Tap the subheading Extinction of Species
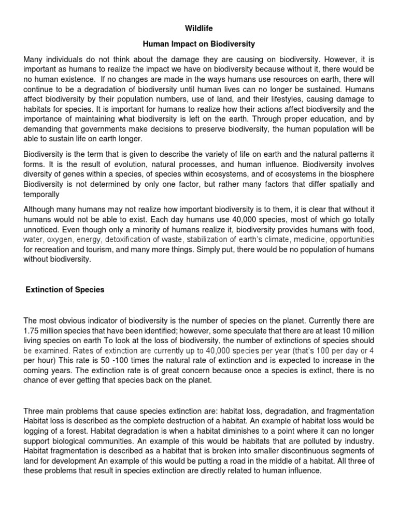pyautogui.click(x=65, y=290)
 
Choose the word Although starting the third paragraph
pyautogui.click(x=39, y=210)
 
